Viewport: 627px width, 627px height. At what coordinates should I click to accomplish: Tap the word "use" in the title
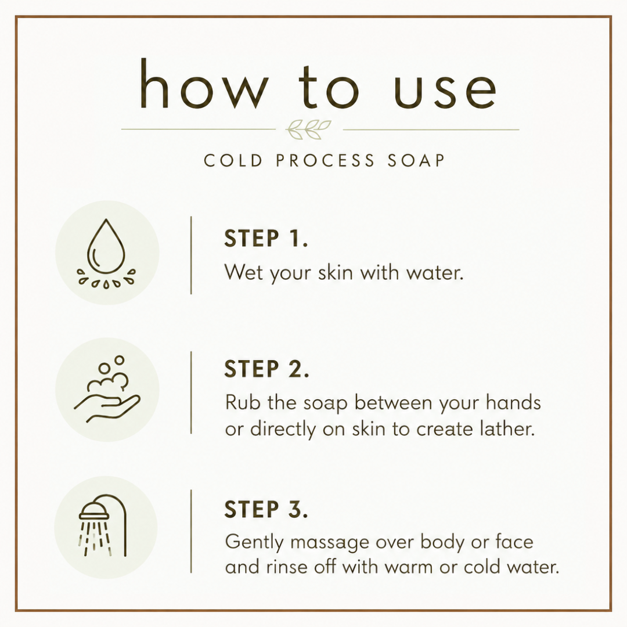[x=445, y=91]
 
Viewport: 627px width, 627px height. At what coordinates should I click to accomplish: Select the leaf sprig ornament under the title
[x=308, y=129]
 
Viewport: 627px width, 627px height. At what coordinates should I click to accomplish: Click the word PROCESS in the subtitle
[x=325, y=161]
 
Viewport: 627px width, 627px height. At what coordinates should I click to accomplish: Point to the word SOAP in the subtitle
[x=416, y=161]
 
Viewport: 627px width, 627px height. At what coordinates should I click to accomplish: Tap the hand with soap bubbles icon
[x=107, y=388]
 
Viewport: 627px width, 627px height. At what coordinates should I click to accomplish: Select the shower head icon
[x=103, y=526]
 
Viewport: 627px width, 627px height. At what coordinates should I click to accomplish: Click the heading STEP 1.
[x=266, y=239]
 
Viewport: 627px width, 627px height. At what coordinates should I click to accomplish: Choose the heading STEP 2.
[x=266, y=369]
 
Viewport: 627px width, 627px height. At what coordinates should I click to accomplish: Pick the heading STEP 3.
[x=266, y=509]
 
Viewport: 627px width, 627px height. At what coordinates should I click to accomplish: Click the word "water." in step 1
[x=435, y=273]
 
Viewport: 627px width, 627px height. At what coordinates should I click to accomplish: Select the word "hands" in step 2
[x=513, y=402]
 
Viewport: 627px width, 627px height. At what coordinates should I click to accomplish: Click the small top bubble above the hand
[x=119, y=360]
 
